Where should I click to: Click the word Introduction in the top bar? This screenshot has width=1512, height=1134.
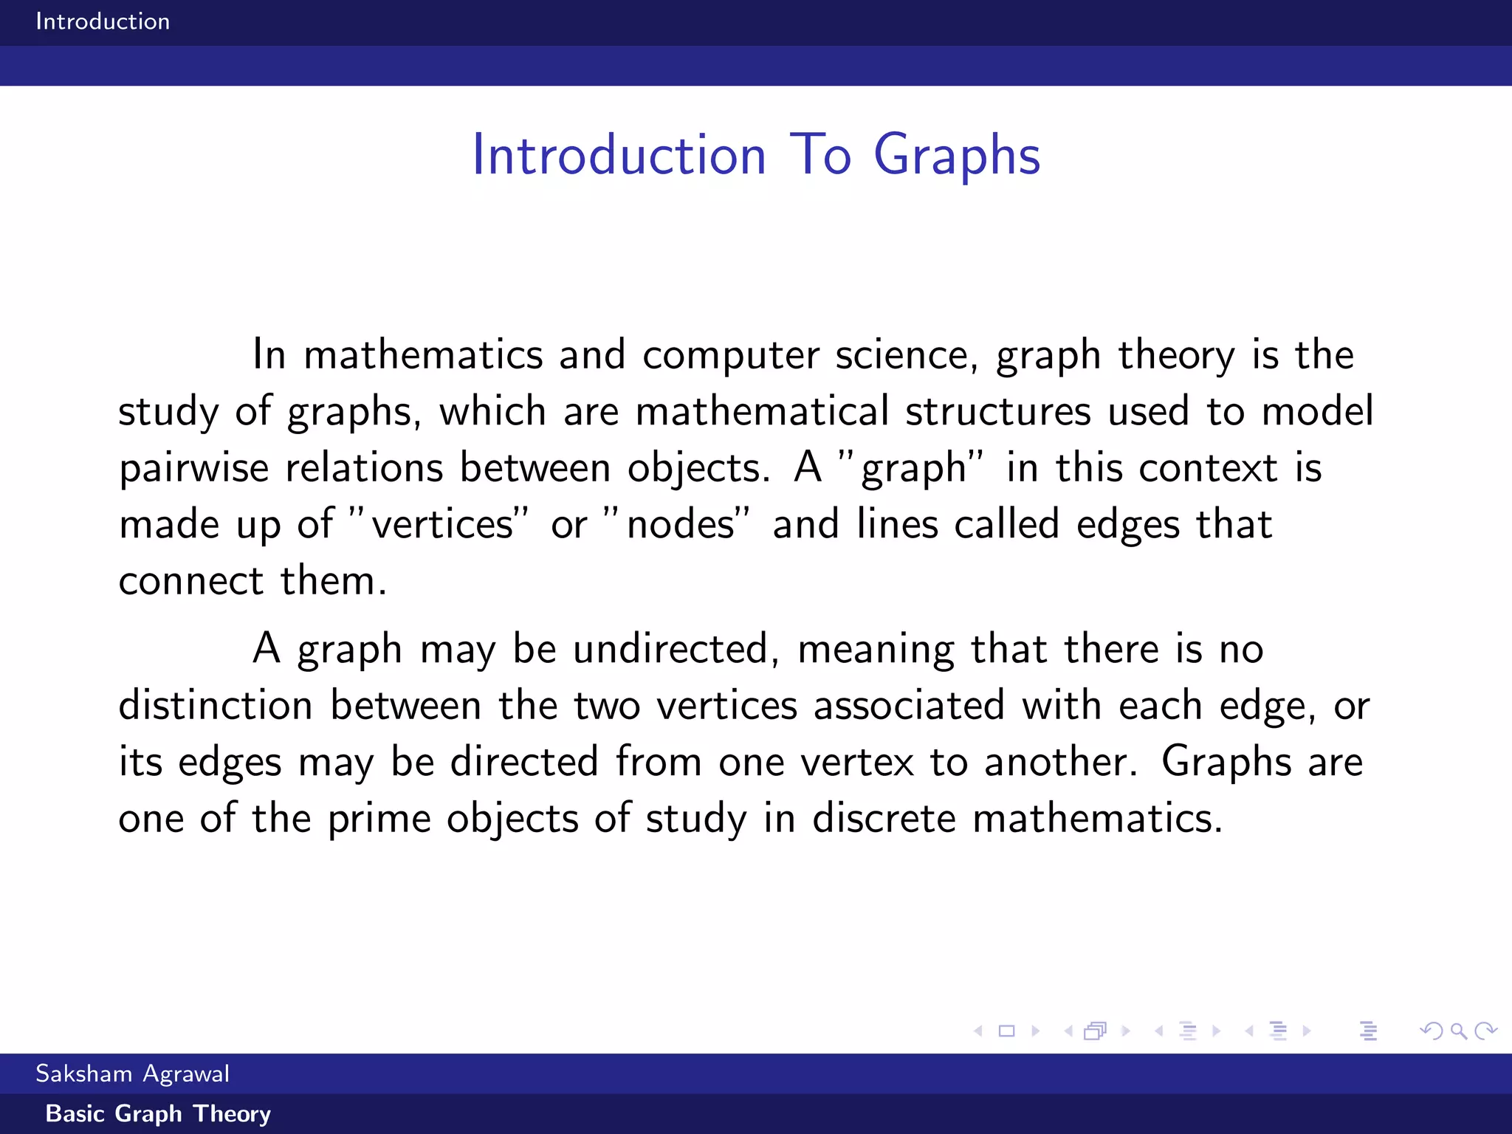(x=103, y=21)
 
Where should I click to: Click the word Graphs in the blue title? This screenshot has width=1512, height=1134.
(x=957, y=156)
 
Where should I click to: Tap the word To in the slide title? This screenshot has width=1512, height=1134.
(x=820, y=156)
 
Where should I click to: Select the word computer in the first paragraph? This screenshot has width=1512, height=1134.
(x=730, y=355)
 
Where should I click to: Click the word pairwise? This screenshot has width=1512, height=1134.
(x=193, y=469)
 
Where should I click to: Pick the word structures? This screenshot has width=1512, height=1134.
(x=998, y=412)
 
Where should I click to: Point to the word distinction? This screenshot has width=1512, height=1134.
(x=216, y=706)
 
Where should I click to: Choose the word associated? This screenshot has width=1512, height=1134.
(x=909, y=706)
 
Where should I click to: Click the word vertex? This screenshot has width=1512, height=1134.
(x=857, y=763)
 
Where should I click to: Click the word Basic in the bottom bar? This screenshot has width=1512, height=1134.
(x=75, y=1113)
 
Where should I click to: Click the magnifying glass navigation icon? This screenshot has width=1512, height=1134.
(x=1458, y=1031)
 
